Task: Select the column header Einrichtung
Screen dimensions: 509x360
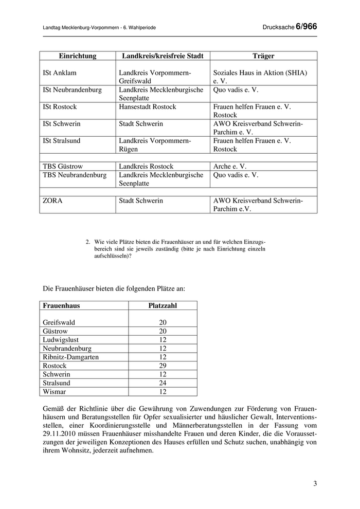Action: (78, 56)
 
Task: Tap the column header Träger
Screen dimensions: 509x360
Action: (263, 56)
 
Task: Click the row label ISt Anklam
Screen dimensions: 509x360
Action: (59, 73)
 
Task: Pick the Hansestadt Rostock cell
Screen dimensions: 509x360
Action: (148, 107)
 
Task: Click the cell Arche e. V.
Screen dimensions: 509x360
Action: (230, 167)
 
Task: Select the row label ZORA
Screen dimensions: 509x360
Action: (52, 201)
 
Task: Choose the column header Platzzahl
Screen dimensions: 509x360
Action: (163, 305)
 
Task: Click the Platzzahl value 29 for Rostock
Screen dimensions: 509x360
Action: (163, 366)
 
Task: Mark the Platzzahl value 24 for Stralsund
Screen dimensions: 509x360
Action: (163, 383)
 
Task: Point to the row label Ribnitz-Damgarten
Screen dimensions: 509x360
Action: (71, 357)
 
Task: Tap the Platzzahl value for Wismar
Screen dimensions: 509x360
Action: (163, 392)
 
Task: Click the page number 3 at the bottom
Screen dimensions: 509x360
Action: (315, 483)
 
